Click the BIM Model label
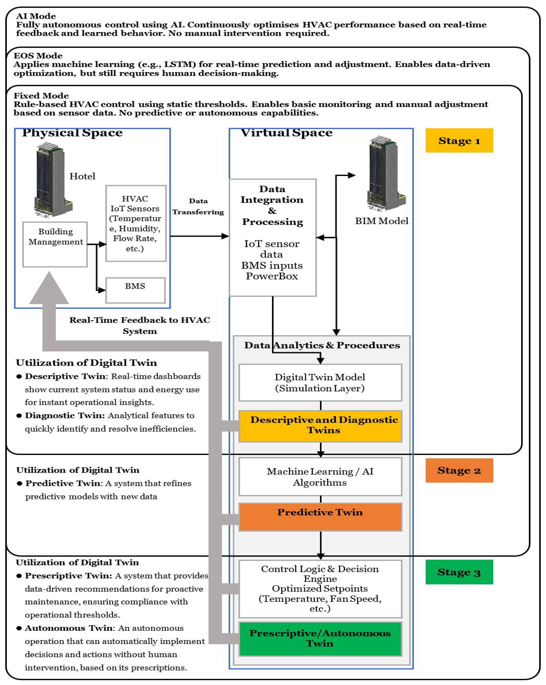[x=382, y=221]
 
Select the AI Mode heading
[x=36, y=16]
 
